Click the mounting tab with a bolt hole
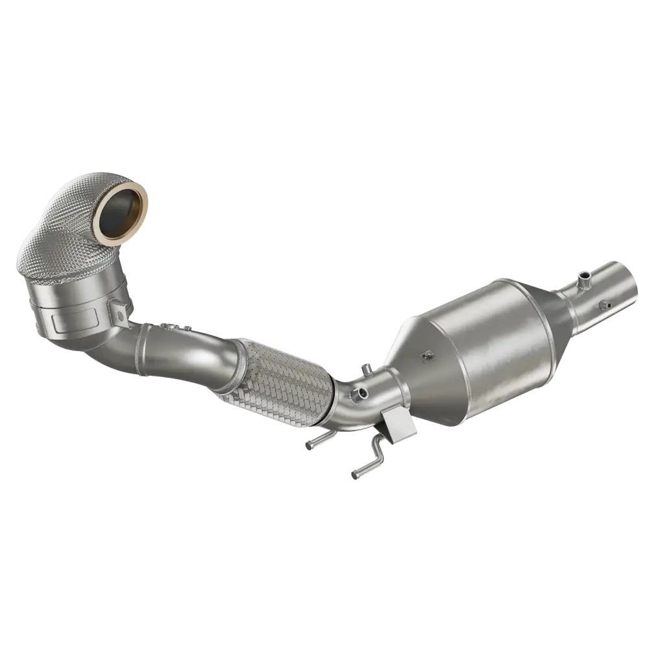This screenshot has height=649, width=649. click(119, 314)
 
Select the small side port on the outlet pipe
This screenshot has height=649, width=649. click(607, 304)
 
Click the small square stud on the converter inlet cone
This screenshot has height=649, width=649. click(427, 355)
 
